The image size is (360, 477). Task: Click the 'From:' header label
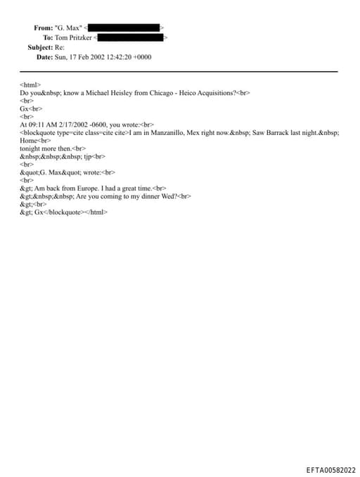point(43,27)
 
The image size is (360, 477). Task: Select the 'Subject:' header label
point(40,47)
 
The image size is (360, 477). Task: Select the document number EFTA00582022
point(330,469)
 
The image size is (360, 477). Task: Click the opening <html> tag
point(30,84)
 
